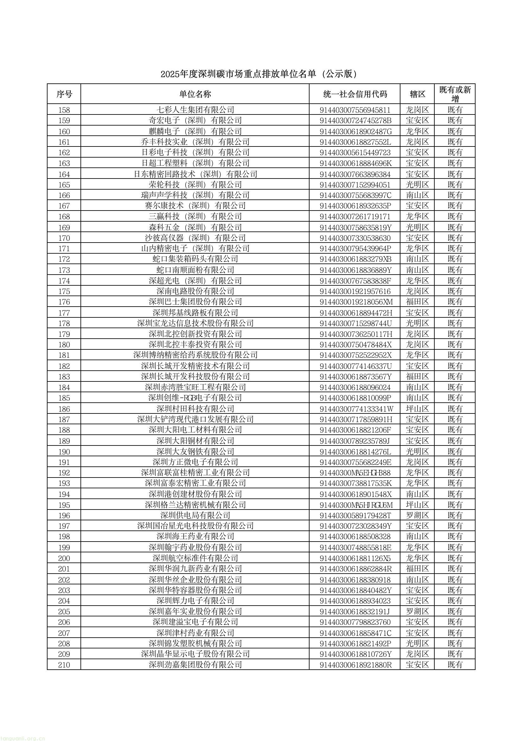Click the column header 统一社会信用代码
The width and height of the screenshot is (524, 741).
point(355,94)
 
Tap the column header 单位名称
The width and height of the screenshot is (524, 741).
point(195,94)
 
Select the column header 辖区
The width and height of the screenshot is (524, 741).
point(417,94)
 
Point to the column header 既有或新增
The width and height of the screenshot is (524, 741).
point(455,94)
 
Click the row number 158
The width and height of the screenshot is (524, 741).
point(64,110)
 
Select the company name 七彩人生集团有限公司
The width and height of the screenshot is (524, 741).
point(195,110)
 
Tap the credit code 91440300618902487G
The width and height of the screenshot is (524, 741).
point(355,131)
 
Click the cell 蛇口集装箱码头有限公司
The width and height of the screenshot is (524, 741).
point(195,259)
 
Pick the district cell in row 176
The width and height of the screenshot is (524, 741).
point(417,302)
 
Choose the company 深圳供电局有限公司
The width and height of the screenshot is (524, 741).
point(195,515)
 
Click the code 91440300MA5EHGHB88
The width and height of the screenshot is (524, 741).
point(355,473)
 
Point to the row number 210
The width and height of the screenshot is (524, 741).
point(64,665)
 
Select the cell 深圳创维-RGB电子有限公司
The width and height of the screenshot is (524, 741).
point(195,398)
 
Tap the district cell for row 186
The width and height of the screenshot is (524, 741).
point(417,409)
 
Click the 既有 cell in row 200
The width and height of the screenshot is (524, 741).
point(455,558)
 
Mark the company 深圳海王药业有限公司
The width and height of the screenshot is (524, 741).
point(195,536)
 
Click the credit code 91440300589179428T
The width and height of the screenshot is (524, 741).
point(355,515)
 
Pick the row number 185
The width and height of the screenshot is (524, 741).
point(64,398)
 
